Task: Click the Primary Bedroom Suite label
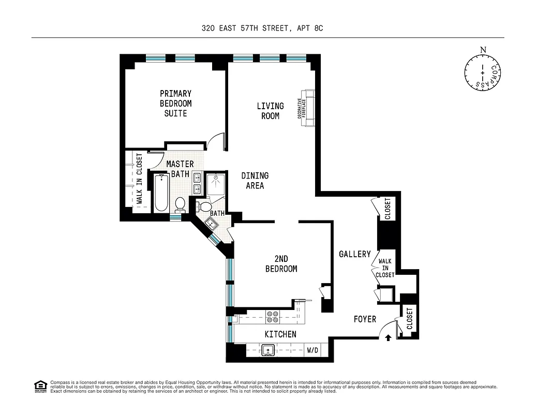click(x=175, y=103)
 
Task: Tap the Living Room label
click(x=270, y=111)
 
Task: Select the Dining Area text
click(x=255, y=181)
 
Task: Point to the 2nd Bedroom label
click(x=281, y=263)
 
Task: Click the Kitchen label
click(x=280, y=334)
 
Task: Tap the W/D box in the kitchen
click(x=313, y=350)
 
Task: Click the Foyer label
click(x=365, y=319)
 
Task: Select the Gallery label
click(x=355, y=254)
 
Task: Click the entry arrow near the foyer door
click(x=388, y=338)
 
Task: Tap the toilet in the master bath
click(x=180, y=204)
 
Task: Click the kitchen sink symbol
click(x=269, y=350)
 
